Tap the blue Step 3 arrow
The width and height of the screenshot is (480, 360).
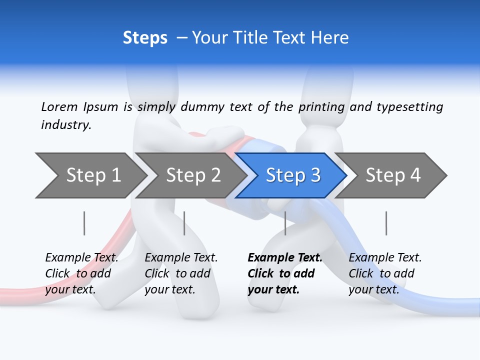click(x=292, y=175)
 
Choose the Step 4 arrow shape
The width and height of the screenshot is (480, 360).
click(x=392, y=175)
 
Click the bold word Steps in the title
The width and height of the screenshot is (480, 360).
click(x=145, y=37)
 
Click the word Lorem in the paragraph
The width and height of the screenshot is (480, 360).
click(x=59, y=106)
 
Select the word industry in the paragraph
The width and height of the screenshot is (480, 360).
click(x=65, y=124)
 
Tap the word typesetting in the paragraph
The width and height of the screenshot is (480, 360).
click(x=409, y=106)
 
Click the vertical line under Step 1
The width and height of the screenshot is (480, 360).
click(x=84, y=223)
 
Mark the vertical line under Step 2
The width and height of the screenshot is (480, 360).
click(x=184, y=223)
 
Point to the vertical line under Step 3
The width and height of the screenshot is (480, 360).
click(x=285, y=223)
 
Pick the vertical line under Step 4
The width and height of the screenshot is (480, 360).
click(x=386, y=223)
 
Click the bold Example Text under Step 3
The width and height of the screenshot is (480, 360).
click(x=285, y=257)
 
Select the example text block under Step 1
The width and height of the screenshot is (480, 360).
click(x=81, y=273)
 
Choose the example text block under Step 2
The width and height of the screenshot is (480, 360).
click(x=181, y=273)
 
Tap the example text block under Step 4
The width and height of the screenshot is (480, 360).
click(x=385, y=273)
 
